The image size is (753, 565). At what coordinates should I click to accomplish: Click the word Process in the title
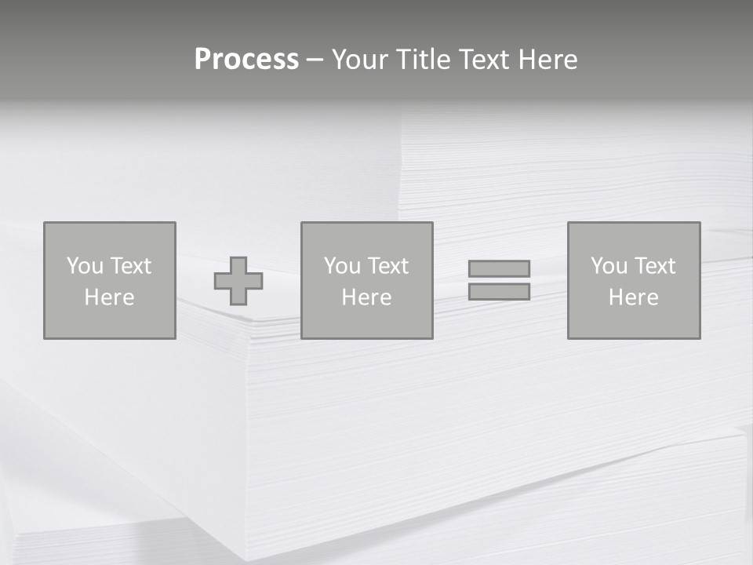246,60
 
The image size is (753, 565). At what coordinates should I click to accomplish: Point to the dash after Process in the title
315,60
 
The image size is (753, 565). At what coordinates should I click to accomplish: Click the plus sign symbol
238,281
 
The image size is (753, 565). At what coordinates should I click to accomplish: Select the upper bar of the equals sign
499,268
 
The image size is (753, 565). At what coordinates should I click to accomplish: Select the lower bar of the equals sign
499,292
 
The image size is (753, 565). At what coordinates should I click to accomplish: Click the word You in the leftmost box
85,266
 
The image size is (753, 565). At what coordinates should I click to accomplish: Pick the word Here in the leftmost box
109,297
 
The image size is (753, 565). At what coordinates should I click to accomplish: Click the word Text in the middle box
388,266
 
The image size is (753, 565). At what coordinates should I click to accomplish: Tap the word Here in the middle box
366,297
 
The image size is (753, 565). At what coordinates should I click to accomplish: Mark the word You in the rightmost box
609,266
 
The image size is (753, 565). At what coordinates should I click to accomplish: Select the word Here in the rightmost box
633,297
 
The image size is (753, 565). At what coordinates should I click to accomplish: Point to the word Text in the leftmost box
131,266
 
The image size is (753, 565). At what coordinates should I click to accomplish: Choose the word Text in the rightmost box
655,266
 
